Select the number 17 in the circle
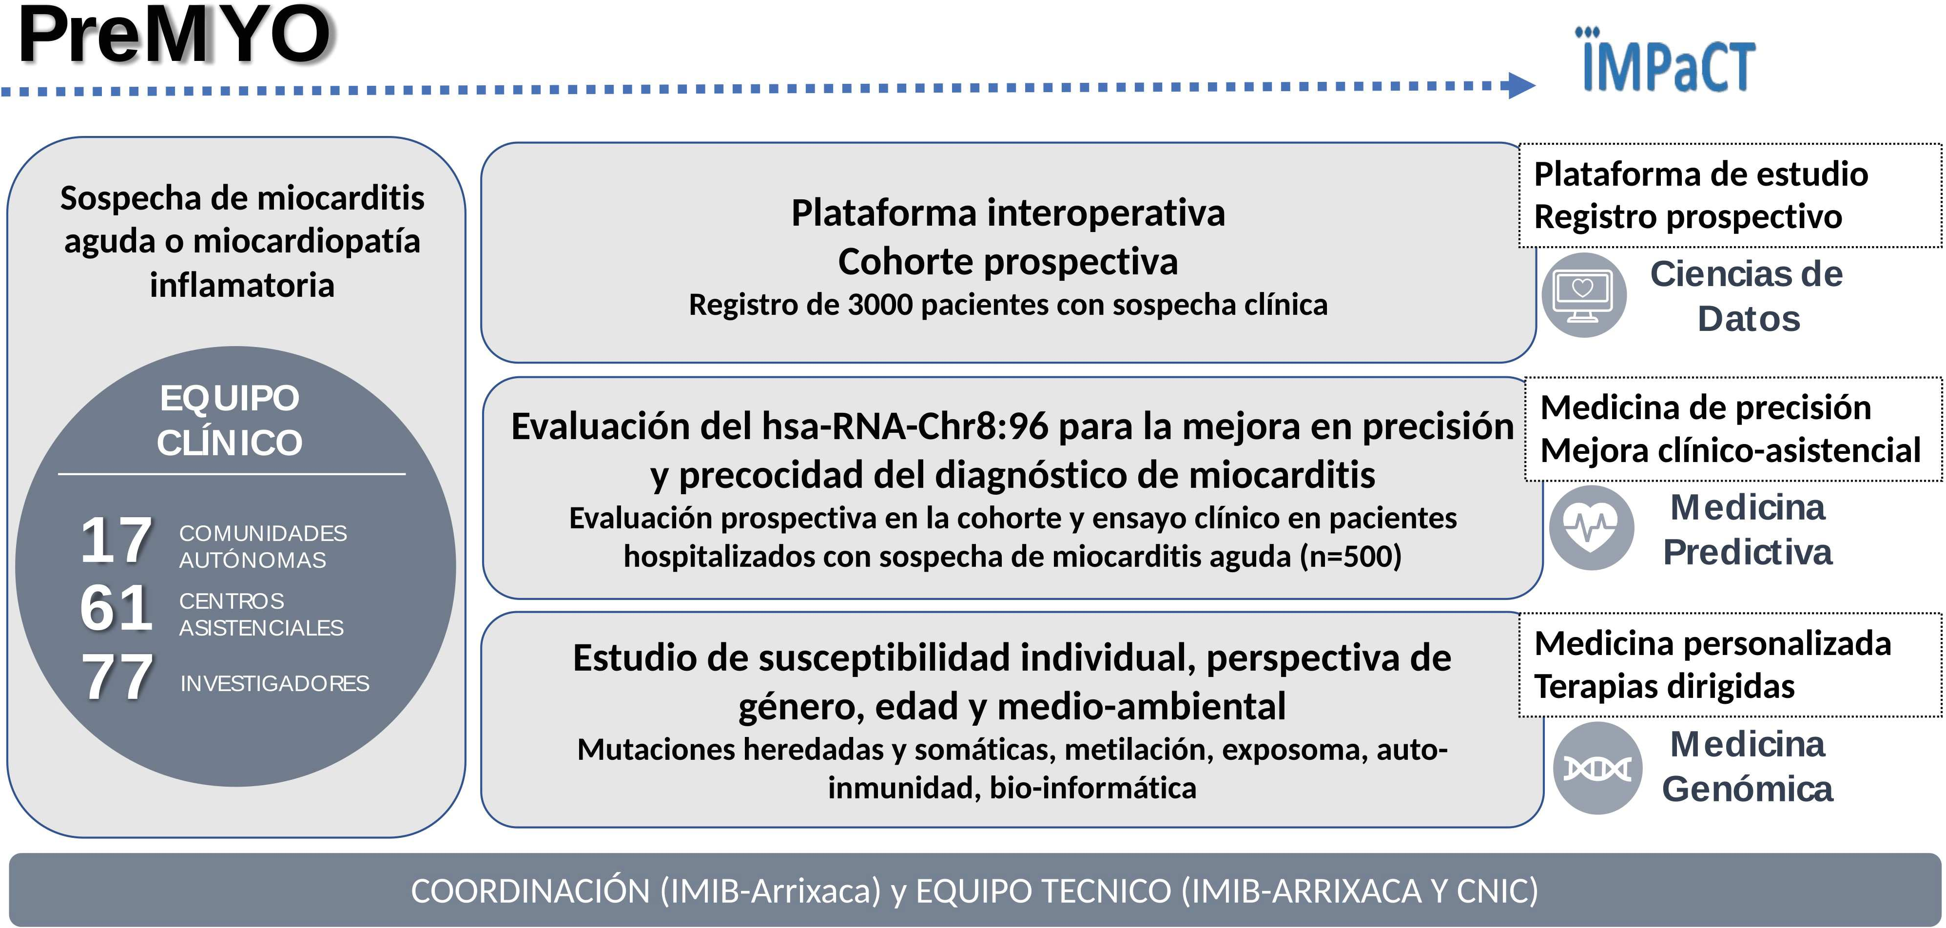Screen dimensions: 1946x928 [117, 540]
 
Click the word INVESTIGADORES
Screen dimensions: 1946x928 [275, 683]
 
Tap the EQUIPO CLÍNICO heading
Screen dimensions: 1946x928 [230, 420]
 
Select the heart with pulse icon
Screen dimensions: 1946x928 [1591, 528]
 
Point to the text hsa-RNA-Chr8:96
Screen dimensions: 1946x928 [906, 426]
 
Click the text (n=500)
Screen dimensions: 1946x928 [1351, 557]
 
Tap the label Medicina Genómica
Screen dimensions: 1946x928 [1747, 766]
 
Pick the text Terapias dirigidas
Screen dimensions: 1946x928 [1664, 686]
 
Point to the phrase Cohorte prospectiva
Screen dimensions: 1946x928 [1008, 262]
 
